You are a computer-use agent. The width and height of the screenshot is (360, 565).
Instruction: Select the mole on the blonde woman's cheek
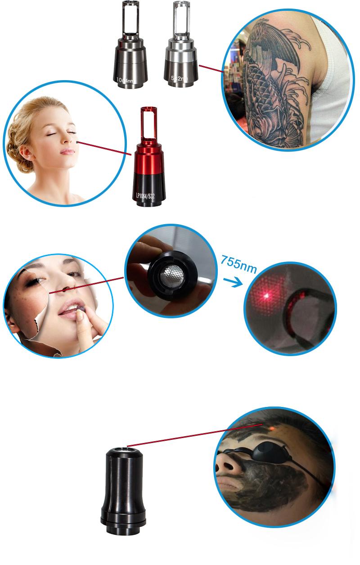(77, 143)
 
